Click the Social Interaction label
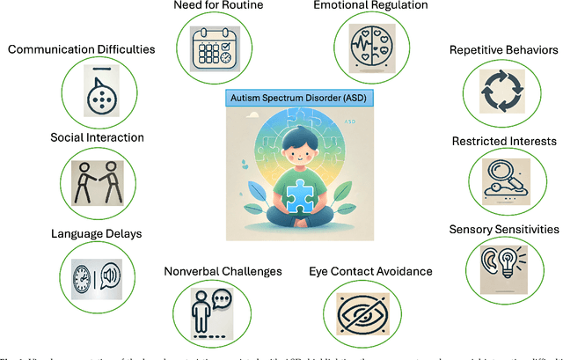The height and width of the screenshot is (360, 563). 72,138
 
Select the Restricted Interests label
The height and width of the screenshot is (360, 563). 504,141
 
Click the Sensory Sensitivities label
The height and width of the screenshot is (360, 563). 504,230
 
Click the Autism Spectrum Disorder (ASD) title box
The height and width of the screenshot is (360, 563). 281,97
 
